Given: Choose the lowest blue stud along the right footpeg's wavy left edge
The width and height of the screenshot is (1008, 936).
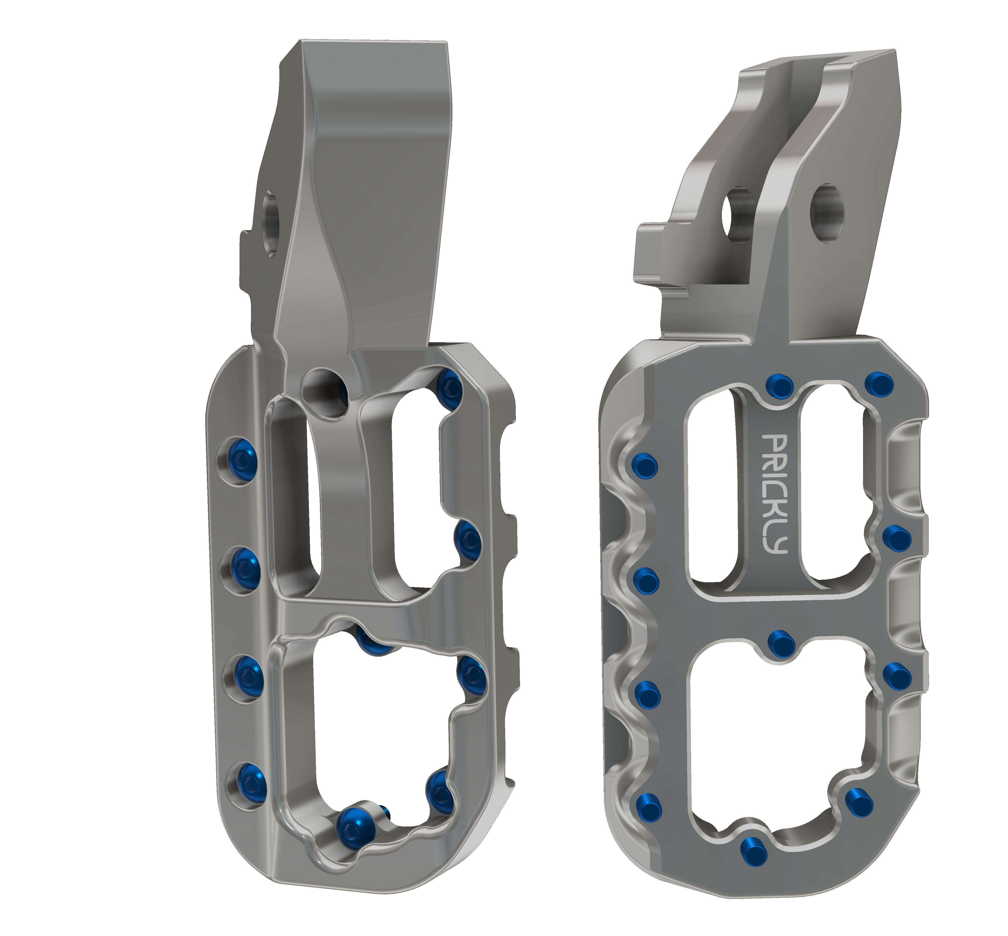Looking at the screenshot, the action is pos(648,806).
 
